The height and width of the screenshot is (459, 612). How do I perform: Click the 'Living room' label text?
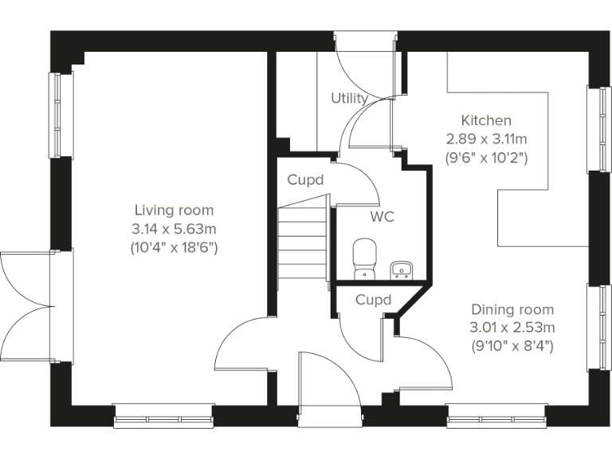(x=174, y=210)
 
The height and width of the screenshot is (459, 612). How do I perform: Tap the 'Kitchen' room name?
(x=486, y=120)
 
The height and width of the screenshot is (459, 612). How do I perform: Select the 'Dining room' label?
(x=512, y=309)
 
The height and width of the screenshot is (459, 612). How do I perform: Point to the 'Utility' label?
(x=349, y=98)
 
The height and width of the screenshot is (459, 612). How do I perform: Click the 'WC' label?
(x=381, y=217)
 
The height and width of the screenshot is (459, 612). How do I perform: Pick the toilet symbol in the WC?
(x=365, y=258)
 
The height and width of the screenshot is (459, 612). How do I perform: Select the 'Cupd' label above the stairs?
(x=306, y=180)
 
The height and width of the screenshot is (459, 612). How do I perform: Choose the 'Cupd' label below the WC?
(x=373, y=300)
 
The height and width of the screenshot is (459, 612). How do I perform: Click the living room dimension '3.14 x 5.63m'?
(x=174, y=229)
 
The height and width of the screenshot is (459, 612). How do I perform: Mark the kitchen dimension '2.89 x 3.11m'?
(x=486, y=139)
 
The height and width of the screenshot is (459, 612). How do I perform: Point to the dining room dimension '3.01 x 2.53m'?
(x=512, y=328)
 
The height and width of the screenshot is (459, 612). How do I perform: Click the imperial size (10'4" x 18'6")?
(x=174, y=247)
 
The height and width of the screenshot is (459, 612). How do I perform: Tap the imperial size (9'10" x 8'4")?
(x=512, y=346)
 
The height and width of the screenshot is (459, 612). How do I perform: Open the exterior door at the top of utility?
(x=365, y=64)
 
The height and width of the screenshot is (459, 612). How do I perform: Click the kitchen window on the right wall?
(x=595, y=128)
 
